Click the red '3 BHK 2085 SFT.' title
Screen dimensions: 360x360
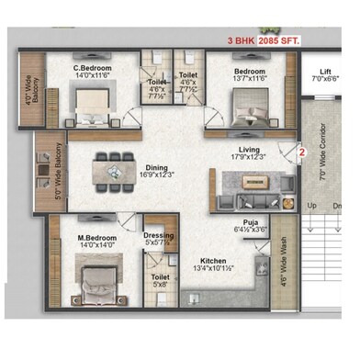coord(274,42)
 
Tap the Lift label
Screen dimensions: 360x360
coord(324,72)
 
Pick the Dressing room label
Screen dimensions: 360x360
coord(160,235)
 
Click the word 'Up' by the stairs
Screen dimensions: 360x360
coord(312,205)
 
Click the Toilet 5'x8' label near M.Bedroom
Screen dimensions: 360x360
coord(161,279)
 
